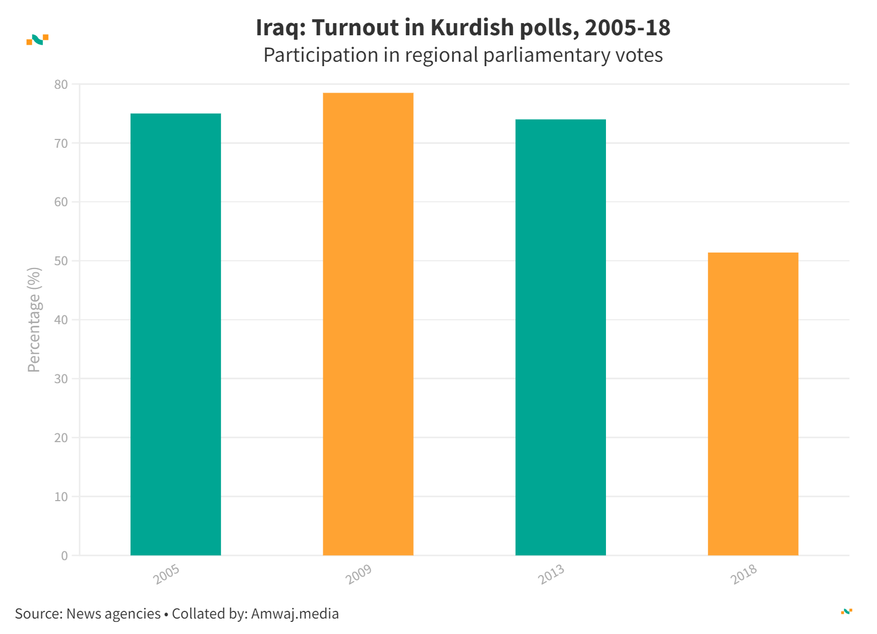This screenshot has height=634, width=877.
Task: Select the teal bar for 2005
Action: click(176, 334)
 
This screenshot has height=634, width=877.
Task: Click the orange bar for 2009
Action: click(368, 324)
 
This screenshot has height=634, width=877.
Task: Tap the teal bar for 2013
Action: click(560, 337)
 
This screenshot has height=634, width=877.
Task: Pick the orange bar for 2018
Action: click(753, 404)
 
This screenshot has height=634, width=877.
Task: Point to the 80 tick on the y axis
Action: click(61, 84)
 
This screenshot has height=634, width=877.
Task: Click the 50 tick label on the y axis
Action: click(61, 261)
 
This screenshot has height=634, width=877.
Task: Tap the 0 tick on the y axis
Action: click(64, 556)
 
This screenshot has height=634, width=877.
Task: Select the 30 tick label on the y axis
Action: click(61, 379)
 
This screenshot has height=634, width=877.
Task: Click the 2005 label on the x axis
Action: click(166, 574)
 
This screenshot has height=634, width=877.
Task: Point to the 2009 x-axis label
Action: click(359, 574)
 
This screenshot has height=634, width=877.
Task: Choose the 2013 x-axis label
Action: click(551, 574)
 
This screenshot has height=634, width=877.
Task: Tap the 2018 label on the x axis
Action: click(744, 574)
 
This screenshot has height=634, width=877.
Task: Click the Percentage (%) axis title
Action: click(34, 320)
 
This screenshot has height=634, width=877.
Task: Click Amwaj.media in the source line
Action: click(295, 614)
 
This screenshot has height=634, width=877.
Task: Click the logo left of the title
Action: click(37, 40)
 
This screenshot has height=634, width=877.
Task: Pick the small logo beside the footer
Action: click(847, 611)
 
